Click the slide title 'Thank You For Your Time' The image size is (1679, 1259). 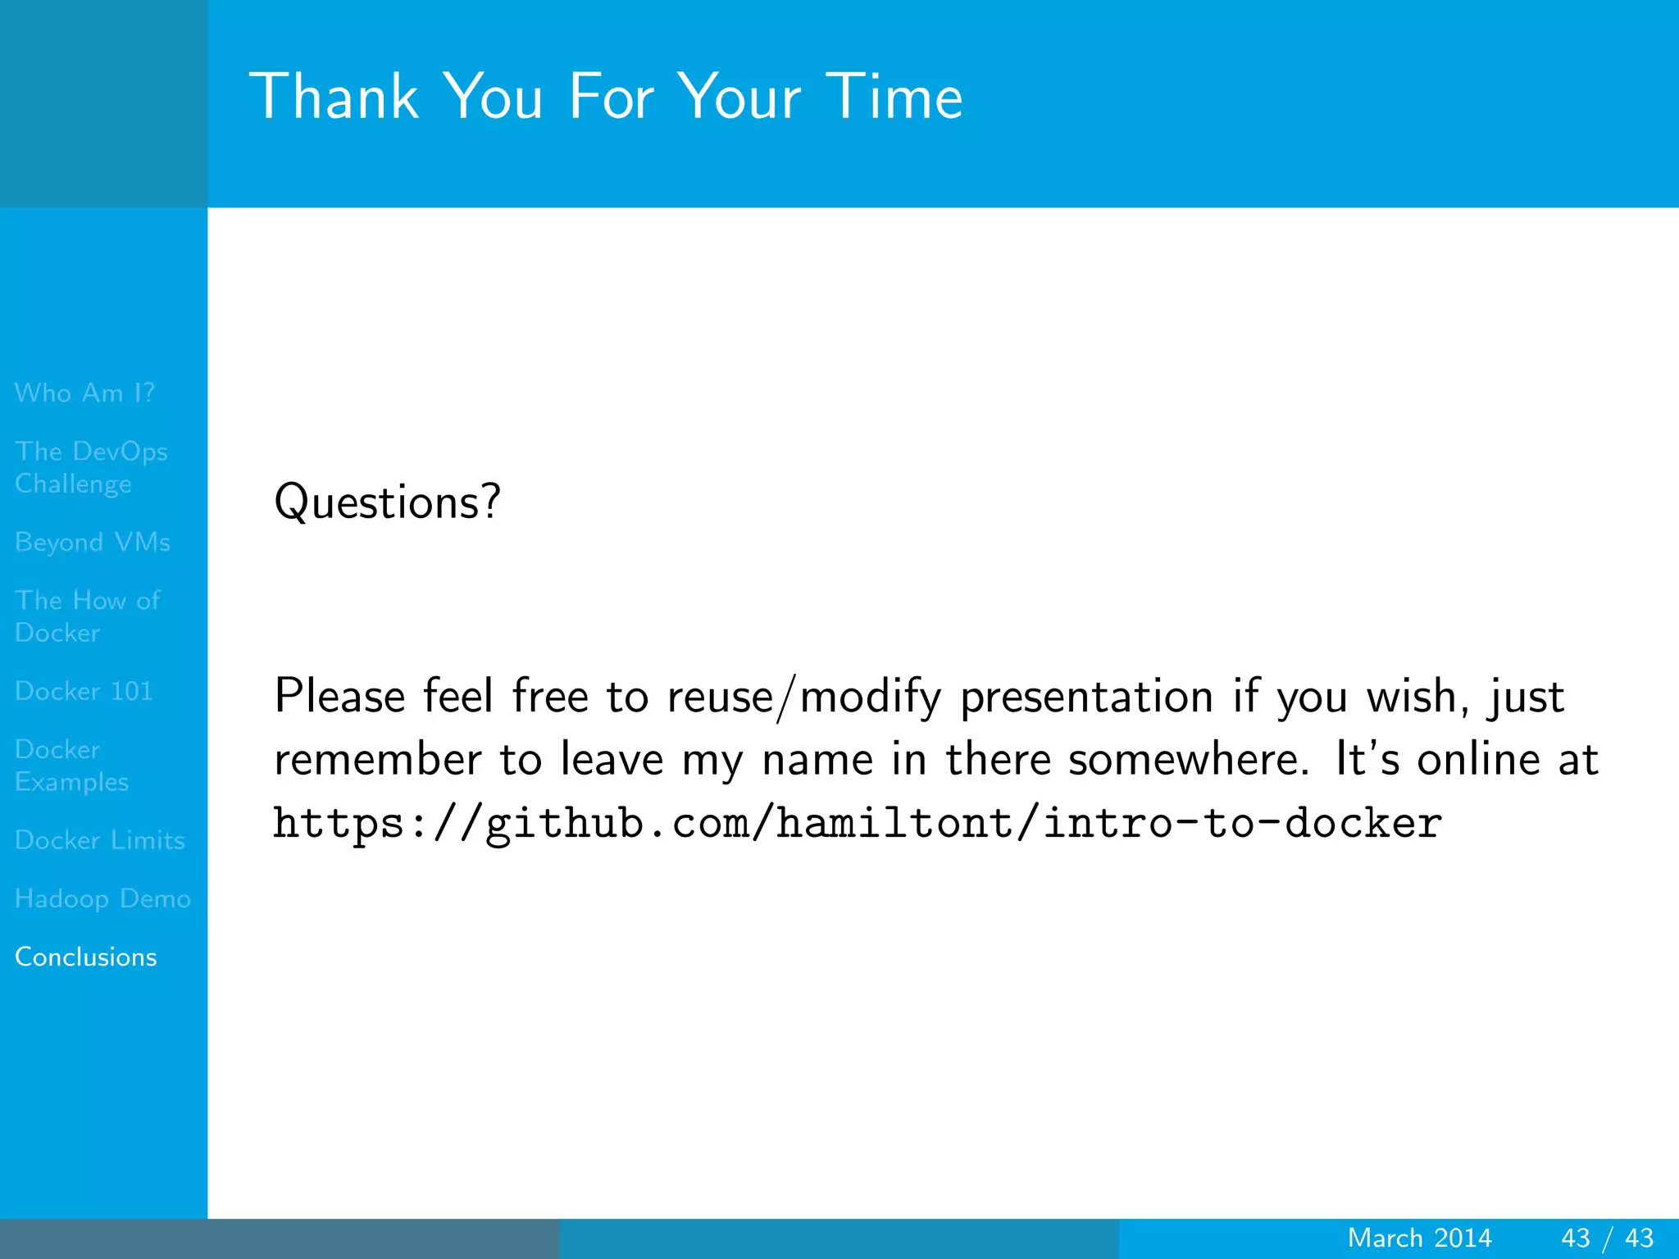tap(605, 97)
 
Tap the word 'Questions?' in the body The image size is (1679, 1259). tap(386, 502)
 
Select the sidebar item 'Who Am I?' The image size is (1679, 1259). tap(84, 393)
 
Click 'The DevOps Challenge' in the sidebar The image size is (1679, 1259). tap(90, 467)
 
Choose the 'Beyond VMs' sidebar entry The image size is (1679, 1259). tap(92, 542)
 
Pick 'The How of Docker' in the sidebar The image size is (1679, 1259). tap(87, 616)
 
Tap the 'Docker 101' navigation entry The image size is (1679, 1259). tap(84, 691)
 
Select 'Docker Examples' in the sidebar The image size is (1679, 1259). tap(71, 766)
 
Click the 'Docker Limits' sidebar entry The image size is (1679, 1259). tap(99, 840)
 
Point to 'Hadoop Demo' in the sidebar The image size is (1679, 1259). tap(102, 898)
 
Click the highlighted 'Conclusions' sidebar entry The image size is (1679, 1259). tap(85, 957)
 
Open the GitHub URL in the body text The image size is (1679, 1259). tap(857, 823)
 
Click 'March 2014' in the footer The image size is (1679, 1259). tap(1419, 1238)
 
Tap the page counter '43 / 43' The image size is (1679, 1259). tap(1607, 1238)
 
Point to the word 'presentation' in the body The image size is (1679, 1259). tap(1086, 698)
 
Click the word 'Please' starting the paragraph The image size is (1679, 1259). tap(339, 697)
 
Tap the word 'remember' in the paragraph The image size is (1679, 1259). tap(377, 760)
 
